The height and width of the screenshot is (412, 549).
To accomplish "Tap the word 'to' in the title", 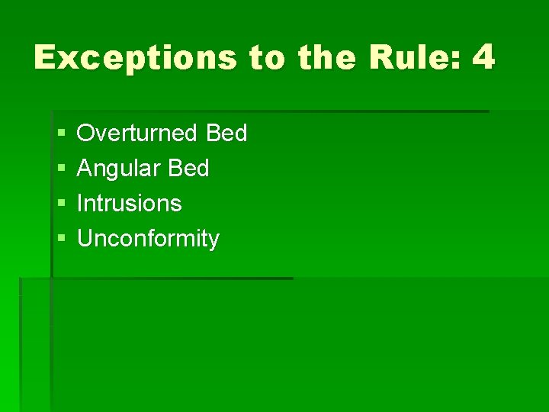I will click(x=268, y=58).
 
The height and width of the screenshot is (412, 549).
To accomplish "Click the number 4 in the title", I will click(x=483, y=58).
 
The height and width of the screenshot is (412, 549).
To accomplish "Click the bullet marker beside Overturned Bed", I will click(x=61, y=134).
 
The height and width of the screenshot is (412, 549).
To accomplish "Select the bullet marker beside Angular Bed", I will click(x=61, y=169).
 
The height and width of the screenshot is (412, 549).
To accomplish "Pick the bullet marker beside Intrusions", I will click(x=61, y=204).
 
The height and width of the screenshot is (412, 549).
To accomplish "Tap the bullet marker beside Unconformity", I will click(x=61, y=240).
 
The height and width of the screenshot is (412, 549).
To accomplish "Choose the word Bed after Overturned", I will click(x=226, y=134).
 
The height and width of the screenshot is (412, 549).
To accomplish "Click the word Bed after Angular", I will click(x=188, y=169).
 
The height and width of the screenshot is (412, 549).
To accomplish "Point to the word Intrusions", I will click(x=130, y=204).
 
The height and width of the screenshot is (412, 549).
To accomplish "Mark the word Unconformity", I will click(x=148, y=240).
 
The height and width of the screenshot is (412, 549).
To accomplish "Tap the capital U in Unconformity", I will click(x=85, y=239).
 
